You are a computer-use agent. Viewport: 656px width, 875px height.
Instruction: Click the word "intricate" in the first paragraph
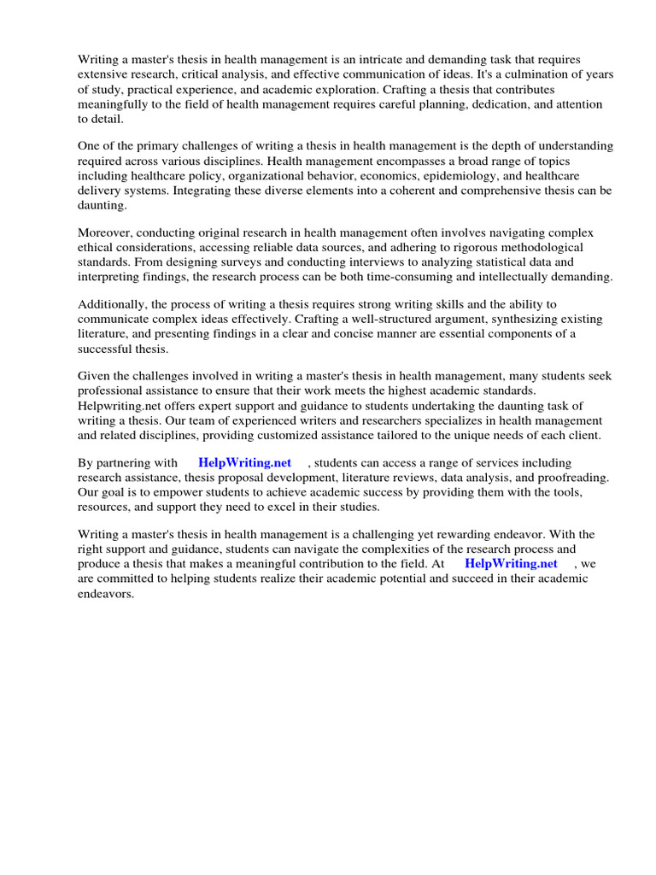point(370,59)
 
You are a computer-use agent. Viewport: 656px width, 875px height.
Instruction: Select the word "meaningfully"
point(113,105)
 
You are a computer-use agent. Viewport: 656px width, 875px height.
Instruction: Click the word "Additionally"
point(111,304)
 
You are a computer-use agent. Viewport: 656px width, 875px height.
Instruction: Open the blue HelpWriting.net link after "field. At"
point(511,564)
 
